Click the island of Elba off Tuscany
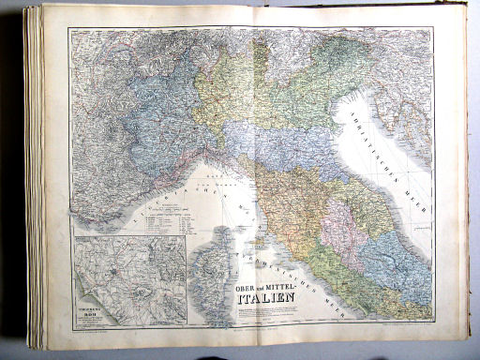(256, 231)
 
